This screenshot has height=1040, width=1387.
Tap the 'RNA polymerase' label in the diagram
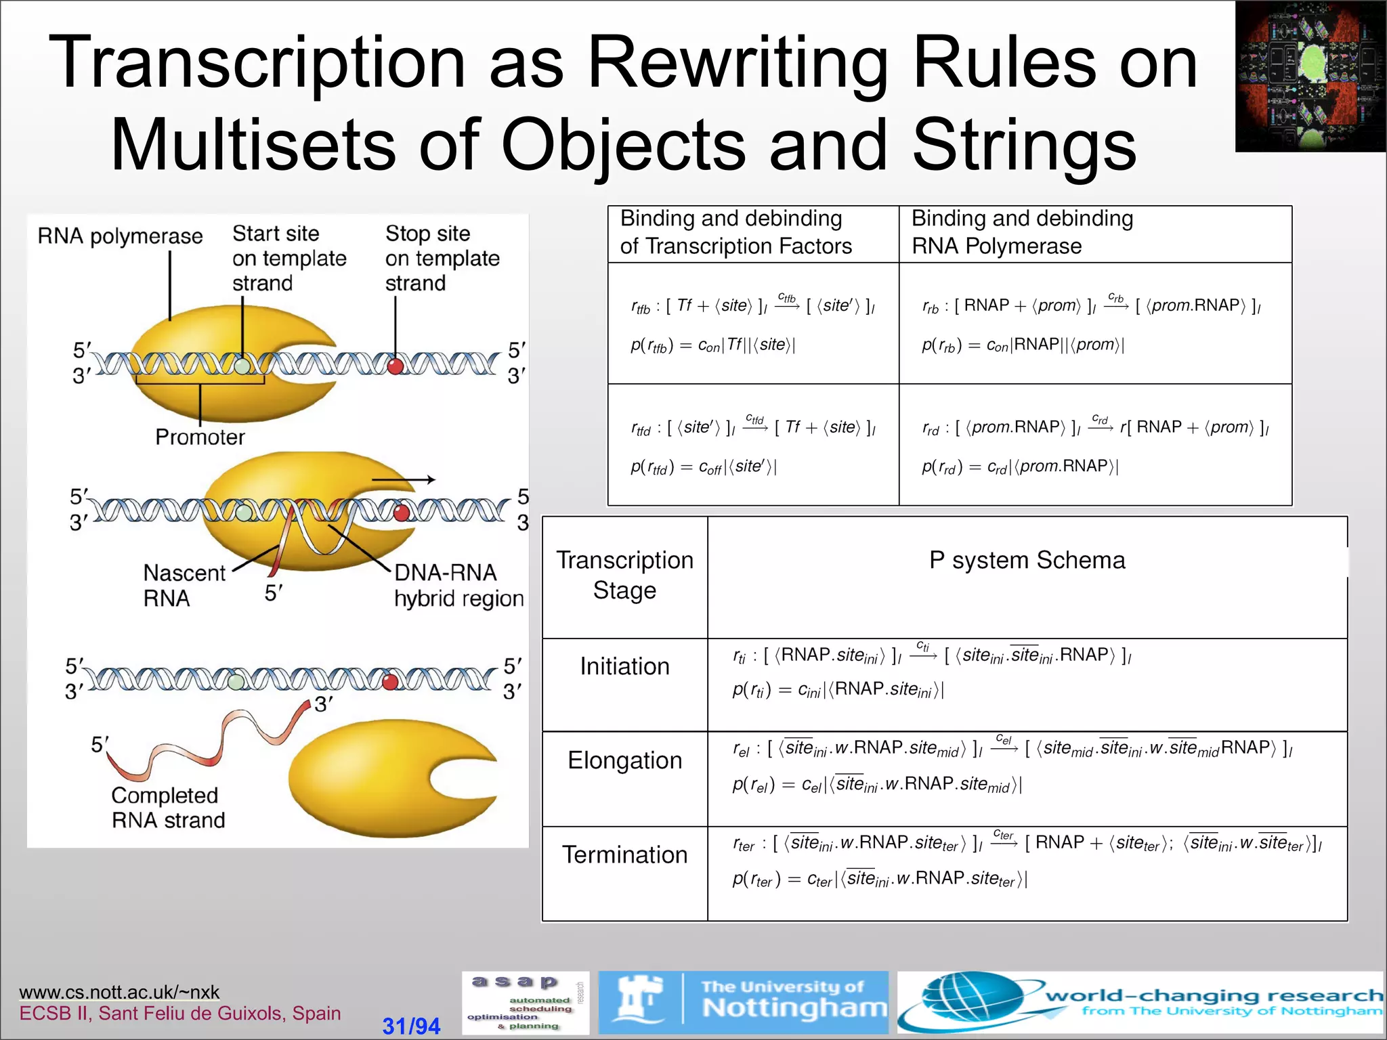pos(120,236)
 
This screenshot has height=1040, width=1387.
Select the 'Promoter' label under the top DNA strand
pos(200,437)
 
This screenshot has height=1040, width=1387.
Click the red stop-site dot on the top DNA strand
pos(396,366)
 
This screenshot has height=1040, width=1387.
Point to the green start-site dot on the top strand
pos(242,366)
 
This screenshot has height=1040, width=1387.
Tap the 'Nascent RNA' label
pos(184,586)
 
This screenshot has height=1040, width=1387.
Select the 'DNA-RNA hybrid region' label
pos(458,586)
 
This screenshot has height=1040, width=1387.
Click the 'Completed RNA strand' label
pos(168,808)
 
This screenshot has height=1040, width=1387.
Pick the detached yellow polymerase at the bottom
pos(393,779)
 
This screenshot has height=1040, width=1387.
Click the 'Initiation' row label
pos(624,666)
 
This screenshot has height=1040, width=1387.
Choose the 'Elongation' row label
pos(624,760)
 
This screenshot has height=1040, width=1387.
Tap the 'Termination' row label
pos(624,854)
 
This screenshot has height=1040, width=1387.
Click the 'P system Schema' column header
pos(1027,560)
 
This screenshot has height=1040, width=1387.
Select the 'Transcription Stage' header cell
pos(624,575)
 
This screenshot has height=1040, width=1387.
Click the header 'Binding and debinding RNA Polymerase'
pos(1022,232)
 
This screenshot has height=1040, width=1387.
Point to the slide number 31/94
pos(411,1026)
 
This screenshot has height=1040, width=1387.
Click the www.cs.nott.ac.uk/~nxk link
pos(119,992)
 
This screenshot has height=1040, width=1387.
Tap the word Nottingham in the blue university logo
pos(794,1008)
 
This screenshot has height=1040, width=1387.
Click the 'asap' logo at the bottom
pos(525,1003)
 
